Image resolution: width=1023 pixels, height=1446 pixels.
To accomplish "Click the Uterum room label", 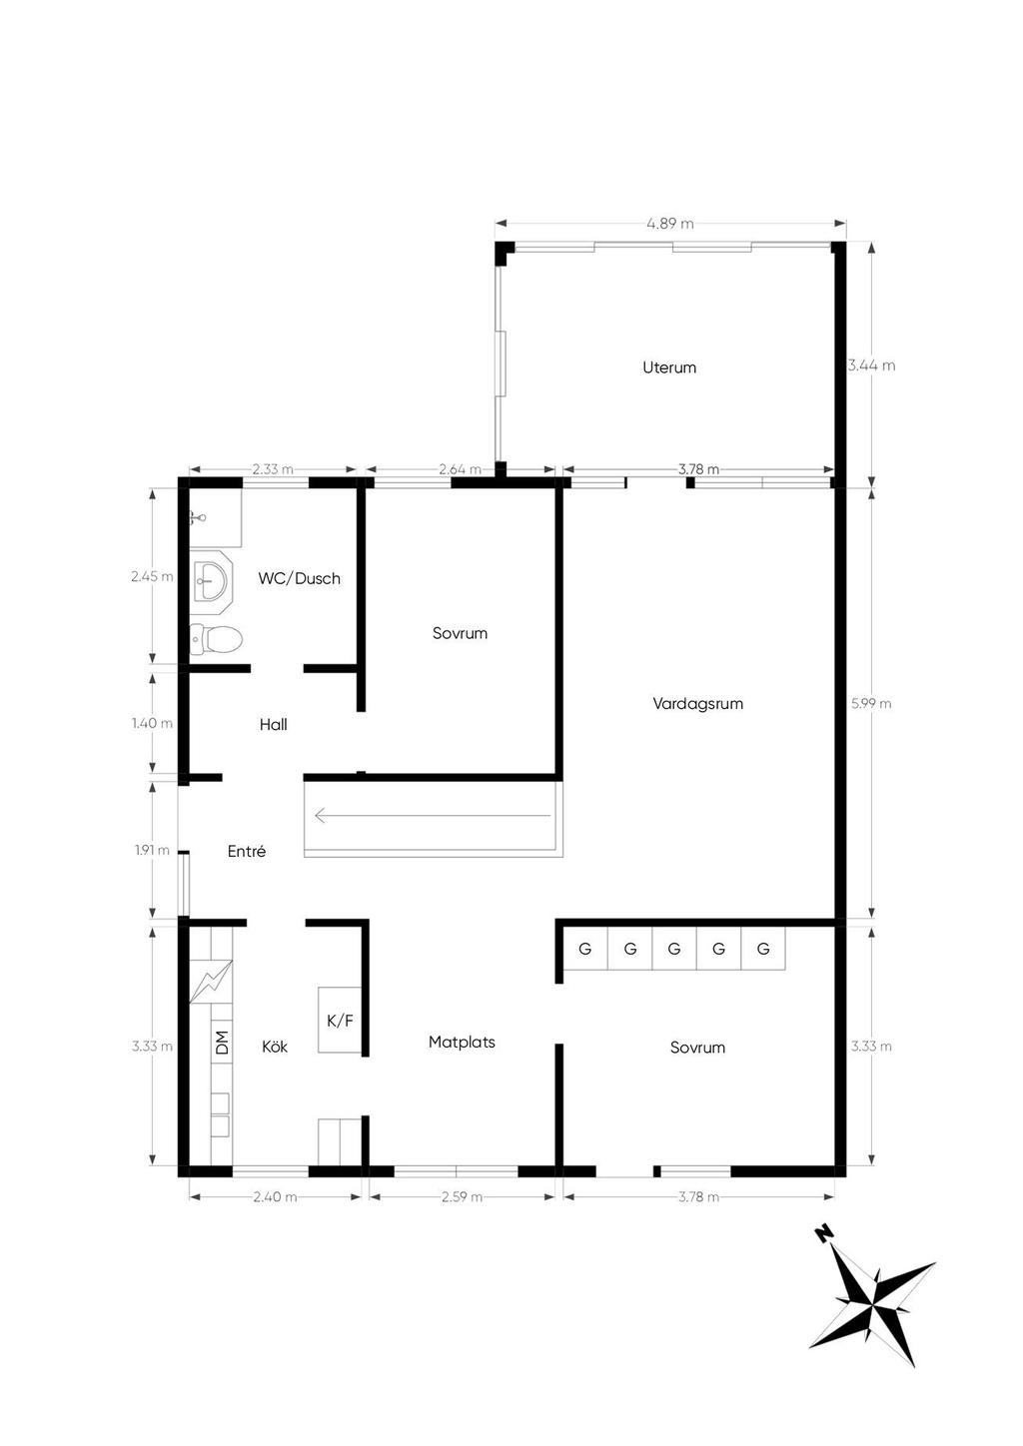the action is click(669, 367).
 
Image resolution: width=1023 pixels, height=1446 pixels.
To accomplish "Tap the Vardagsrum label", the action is click(697, 703).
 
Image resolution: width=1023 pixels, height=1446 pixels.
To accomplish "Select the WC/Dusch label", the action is click(299, 578).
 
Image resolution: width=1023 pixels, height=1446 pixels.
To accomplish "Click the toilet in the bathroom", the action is click(216, 640).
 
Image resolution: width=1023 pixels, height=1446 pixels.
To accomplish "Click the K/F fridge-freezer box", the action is click(340, 1020).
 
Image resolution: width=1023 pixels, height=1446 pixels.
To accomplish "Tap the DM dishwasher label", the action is click(222, 1043).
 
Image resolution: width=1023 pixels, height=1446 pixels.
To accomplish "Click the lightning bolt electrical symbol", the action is click(211, 982).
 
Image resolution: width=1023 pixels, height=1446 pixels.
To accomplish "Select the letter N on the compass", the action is click(822, 1234).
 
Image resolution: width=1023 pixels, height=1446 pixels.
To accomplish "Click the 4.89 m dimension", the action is click(670, 224).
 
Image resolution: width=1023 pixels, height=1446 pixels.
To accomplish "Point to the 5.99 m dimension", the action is click(871, 704).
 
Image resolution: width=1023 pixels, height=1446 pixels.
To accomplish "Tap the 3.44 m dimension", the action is click(872, 365).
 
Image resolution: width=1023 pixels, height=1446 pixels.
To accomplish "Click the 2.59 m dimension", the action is click(462, 1196).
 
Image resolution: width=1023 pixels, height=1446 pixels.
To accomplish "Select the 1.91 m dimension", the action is click(153, 850).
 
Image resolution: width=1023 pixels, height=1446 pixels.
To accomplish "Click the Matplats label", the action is click(462, 1042).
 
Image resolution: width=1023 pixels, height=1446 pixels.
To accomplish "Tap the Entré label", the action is click(247, 851).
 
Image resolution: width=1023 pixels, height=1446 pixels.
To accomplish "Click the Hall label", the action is click(273, 724).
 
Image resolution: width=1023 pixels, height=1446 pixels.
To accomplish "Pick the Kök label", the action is click(275, 1046).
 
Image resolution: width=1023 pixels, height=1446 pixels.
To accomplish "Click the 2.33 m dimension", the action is click(273, 469).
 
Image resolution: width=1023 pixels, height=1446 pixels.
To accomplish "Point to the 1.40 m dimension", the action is click(153, 723).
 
